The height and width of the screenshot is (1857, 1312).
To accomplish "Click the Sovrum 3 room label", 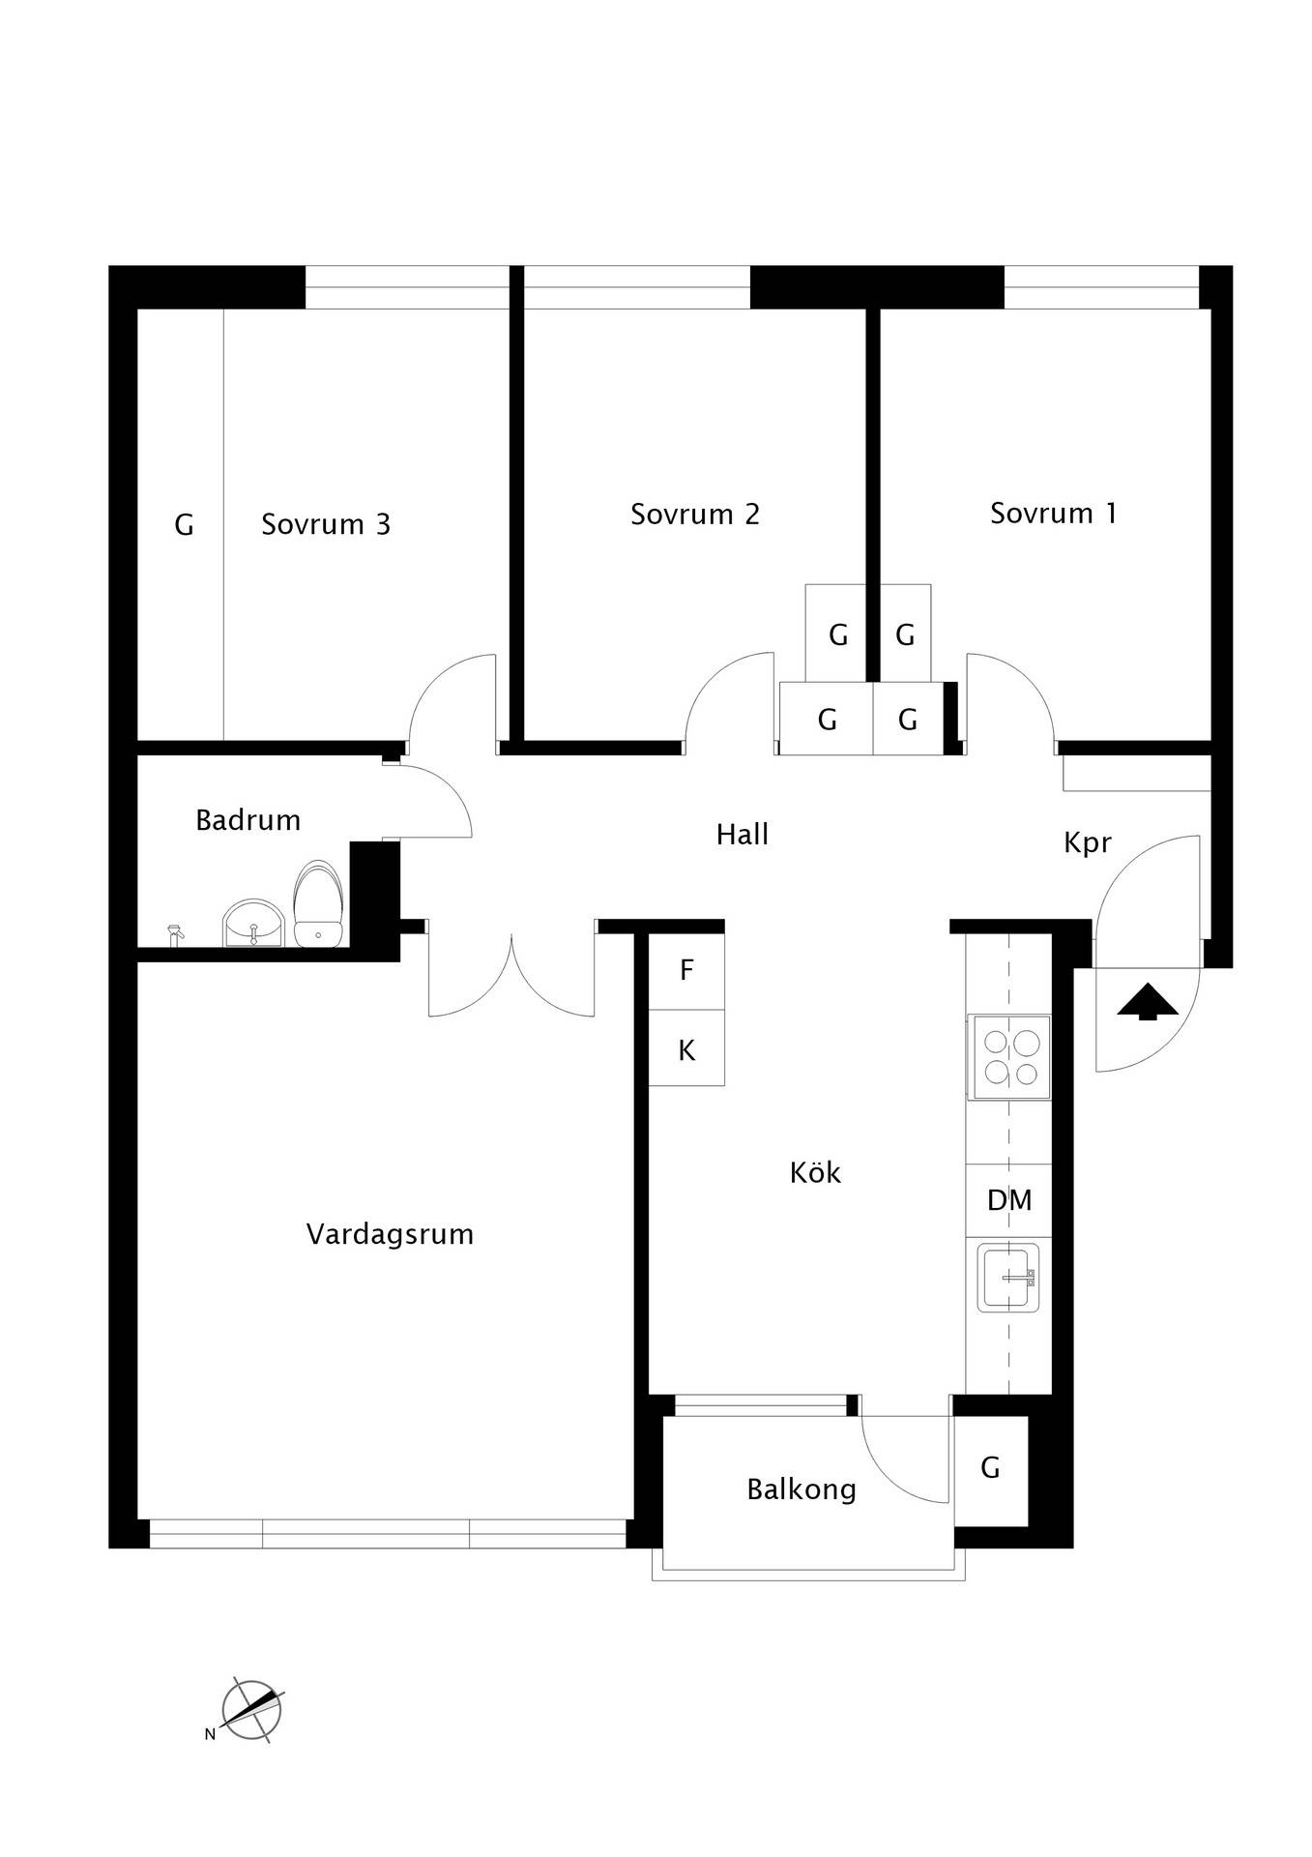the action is coord(326,524).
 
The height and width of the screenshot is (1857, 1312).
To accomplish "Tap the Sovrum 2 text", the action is coord(695,514).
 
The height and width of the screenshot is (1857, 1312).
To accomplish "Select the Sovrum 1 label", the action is coord(1053,513).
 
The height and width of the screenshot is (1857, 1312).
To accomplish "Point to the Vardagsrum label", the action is coord(390,1234).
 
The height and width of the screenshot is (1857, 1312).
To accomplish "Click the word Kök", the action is coord(815,1172).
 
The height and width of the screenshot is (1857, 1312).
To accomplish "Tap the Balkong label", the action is coord(802,1489).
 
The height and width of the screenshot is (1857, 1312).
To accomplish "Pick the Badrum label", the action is coord(248,820).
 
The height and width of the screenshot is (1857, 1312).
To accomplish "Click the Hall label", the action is coord(743,834).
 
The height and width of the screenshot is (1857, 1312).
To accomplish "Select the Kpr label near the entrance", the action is coord(1088,843).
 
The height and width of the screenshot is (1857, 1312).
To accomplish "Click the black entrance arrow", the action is coord(1148,1001).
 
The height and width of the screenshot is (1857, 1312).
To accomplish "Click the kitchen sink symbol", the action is coord(1008,1278).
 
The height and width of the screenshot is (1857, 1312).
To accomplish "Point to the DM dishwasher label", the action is coord(1009,1200).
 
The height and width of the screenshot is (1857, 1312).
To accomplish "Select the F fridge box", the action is coord(686,970).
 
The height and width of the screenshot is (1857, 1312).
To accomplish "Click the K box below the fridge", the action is coord(686,1048).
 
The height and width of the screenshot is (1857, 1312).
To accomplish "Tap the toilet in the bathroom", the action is coord(319,903).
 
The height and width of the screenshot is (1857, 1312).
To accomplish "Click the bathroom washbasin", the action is coord(253,924).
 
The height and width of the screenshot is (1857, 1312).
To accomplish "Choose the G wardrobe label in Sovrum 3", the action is coord(184,524).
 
